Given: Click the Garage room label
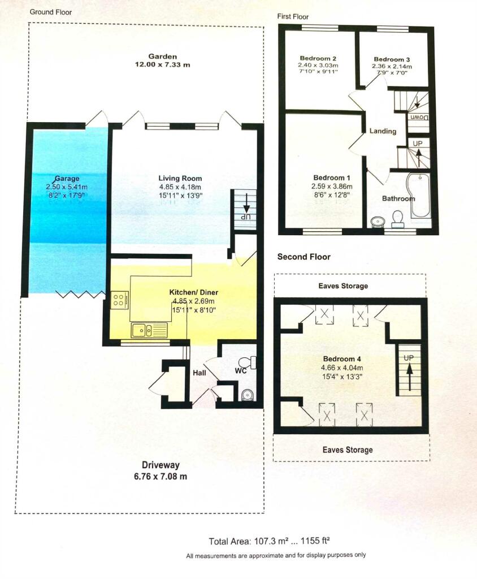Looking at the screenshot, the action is point(67,179).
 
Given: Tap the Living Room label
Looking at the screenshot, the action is point(180,178).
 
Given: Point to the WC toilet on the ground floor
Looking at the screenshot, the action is point(248,362).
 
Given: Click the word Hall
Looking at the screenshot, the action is point(200,373).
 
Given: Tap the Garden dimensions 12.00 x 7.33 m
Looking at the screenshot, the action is point(162,64).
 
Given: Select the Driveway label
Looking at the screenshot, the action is point(161,465).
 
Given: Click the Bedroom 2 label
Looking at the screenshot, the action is point(318,58).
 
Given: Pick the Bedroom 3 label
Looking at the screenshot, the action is point(392,59).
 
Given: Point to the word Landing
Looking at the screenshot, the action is point(383,131).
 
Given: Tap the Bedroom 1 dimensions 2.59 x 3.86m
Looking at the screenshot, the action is point(332,187).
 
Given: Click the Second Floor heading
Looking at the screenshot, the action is point(304,257).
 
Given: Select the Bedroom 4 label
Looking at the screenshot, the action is point(342,359).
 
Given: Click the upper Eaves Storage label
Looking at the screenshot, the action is point(344,286).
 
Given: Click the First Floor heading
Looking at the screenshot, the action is point(293,16).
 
